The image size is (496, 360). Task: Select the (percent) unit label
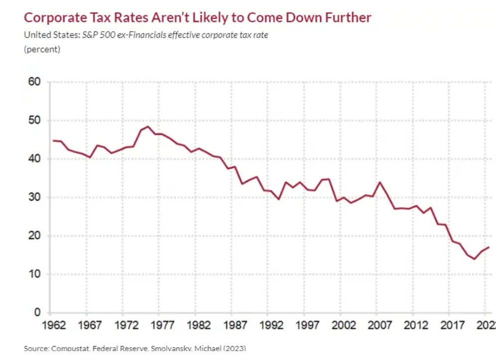(42, 49)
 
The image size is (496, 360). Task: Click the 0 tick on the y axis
(37, 313)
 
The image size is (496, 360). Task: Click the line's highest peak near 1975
(148, 126)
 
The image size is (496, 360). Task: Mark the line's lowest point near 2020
(475, 259)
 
